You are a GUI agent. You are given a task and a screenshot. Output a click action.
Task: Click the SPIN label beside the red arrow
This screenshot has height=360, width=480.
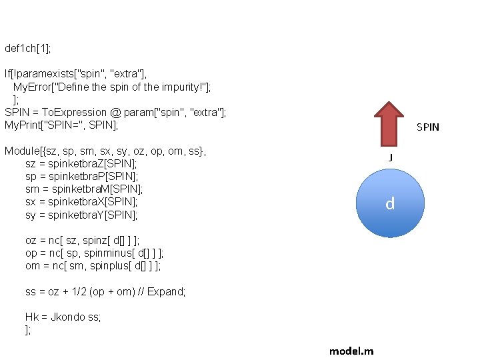coord(428,127)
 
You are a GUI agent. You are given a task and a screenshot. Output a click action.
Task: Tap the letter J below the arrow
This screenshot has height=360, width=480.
coord(391,157)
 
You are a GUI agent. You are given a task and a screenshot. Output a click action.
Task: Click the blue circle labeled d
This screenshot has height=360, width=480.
coord(390,203)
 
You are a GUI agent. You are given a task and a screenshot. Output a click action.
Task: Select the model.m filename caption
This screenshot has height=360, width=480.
coord(351,351)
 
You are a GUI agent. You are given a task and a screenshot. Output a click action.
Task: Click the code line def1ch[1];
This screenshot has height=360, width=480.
coord(27,49)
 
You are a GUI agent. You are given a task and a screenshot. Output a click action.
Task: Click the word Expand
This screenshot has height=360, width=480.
coord(167,292)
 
